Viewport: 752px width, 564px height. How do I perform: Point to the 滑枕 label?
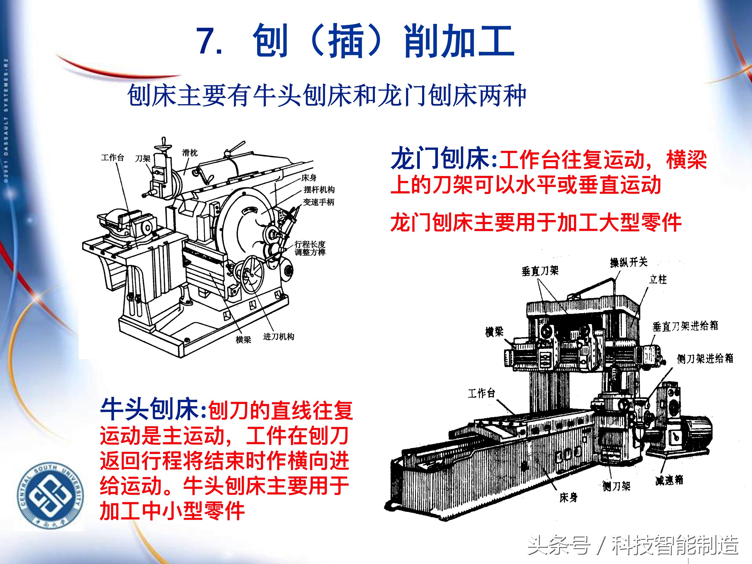[189, 153]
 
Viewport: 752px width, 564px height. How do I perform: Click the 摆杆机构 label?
[319, 190]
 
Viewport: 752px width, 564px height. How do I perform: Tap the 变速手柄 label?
[319, 202]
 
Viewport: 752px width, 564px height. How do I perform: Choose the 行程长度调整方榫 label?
[310, 248]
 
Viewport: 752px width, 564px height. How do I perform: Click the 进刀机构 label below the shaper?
[278, 336]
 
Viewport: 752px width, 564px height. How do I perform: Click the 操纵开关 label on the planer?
[629, 262]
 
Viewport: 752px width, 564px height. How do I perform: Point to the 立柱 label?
[658, 279]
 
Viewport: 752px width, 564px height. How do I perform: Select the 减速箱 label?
[669, 480]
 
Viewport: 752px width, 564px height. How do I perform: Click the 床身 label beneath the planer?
[568, 498]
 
